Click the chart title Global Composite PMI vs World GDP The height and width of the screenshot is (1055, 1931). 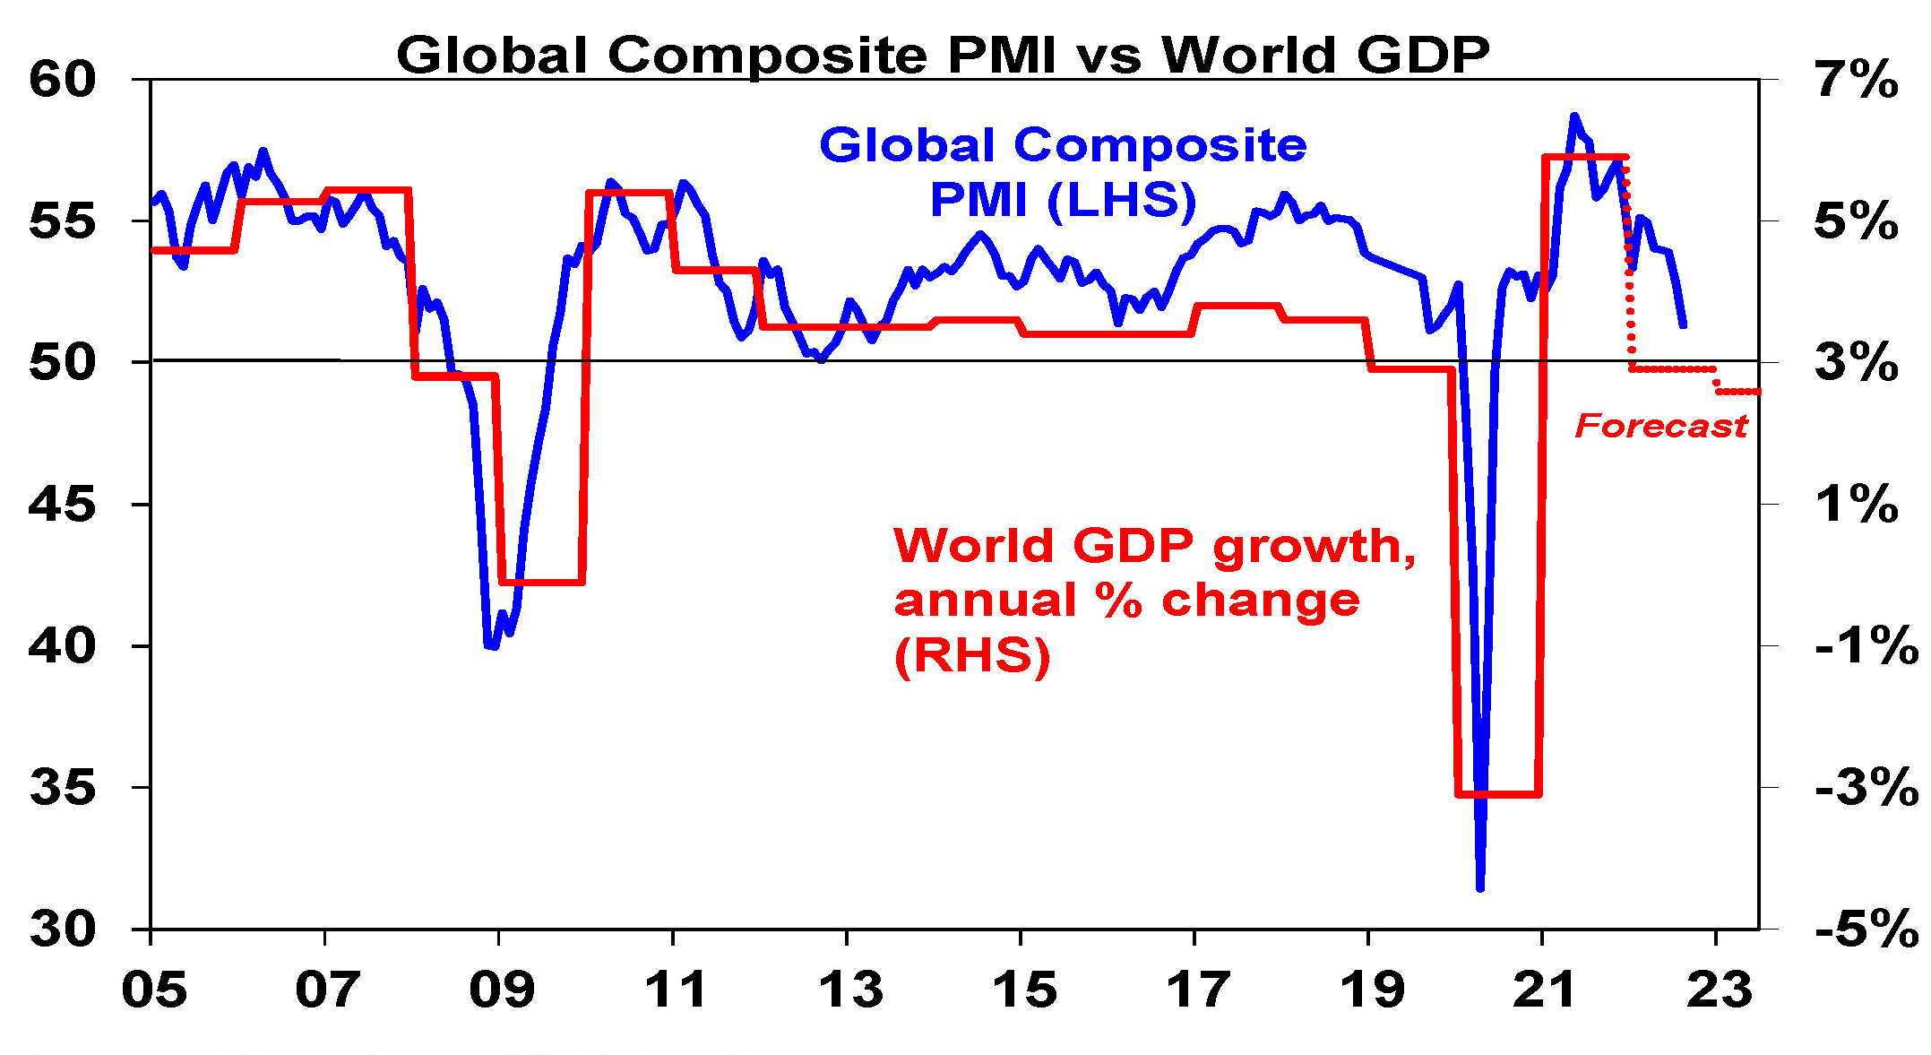[x=943, y=55]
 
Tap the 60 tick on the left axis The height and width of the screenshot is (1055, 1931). [x=62, y=79]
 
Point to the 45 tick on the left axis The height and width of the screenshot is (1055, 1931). [x=62, y=505]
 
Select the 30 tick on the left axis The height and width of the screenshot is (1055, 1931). [x=62, y=930]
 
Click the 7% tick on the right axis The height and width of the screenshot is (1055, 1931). [x=1857, y=79]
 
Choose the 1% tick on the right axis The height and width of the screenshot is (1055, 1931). [x=1857, y=505]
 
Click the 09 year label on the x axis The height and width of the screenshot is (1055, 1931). [x=502, y=990]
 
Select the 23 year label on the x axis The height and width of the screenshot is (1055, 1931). [x=1719, y=990]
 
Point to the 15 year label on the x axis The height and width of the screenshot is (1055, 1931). [x=1024, y=990]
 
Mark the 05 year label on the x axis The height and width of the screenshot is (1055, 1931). [x=155, y=990]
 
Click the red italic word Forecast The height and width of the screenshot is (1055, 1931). [x=1661, y=426]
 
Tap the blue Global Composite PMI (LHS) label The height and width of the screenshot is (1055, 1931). [x=1063, y=172]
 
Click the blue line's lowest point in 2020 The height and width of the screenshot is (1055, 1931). [x=1479, y=888]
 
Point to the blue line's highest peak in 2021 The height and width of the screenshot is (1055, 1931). [x=1574, y=117]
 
